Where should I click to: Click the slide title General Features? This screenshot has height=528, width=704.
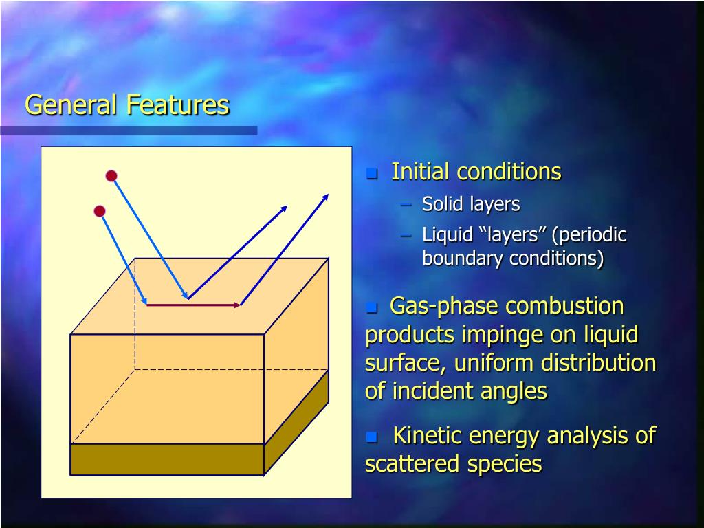tap(127, 105)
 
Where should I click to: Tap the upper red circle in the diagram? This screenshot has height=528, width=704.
tap(111, 176)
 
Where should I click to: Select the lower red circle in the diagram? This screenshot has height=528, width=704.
tap(100, 211)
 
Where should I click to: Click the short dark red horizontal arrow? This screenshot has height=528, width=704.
tap(193, 304)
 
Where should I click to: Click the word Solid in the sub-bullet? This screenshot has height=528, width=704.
tap(443, 204)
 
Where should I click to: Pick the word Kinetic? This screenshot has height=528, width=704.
tap(427, 436)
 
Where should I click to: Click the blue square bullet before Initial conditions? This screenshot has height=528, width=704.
tap(373, 173)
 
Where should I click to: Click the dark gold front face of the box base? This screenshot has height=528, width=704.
tap(167, 459)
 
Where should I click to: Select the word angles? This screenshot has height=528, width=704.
tap(513, 391)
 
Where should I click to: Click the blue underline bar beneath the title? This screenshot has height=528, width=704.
tap(129, 131)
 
